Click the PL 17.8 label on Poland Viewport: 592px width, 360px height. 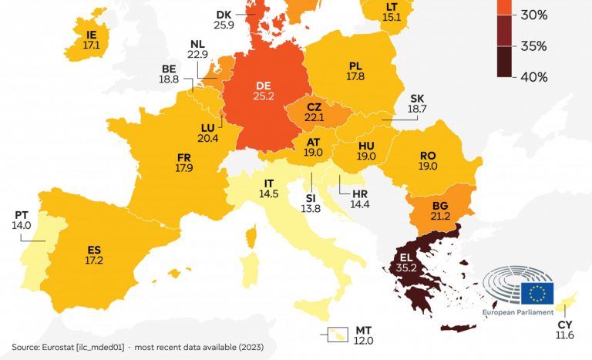[355, 71]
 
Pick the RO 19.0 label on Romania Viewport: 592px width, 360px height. [428, 160]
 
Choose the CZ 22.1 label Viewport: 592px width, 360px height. [314, 110]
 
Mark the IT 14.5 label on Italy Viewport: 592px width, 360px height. [269, 189]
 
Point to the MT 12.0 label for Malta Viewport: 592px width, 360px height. [364, 335]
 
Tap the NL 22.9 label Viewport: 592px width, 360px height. [198, 49]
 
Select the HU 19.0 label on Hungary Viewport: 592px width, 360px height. [366, 150]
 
